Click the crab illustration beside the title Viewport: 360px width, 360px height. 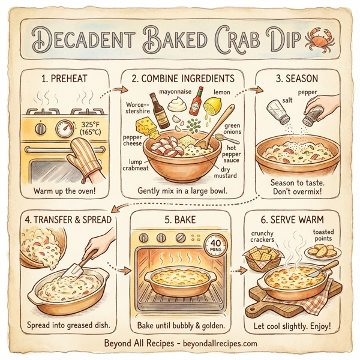point(316,41)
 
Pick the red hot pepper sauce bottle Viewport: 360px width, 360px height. point(194,107)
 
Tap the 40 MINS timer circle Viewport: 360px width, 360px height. point(213,246)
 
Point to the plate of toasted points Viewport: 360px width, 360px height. point(325,250)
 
